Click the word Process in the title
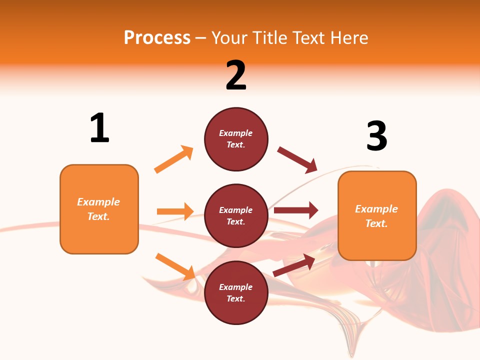(157, 37)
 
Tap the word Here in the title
(348, 37)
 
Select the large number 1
(99, 128)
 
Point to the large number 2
(236, 75)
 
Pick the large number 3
(376, 136)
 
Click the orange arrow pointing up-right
(173, 159)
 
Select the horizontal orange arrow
(175, 211)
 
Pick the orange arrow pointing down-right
(175, 266)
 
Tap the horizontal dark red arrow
(296, 210)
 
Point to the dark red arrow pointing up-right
(294, 265)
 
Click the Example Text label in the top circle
(236, 139)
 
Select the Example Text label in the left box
(98, 209)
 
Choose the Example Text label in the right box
(376, 216)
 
